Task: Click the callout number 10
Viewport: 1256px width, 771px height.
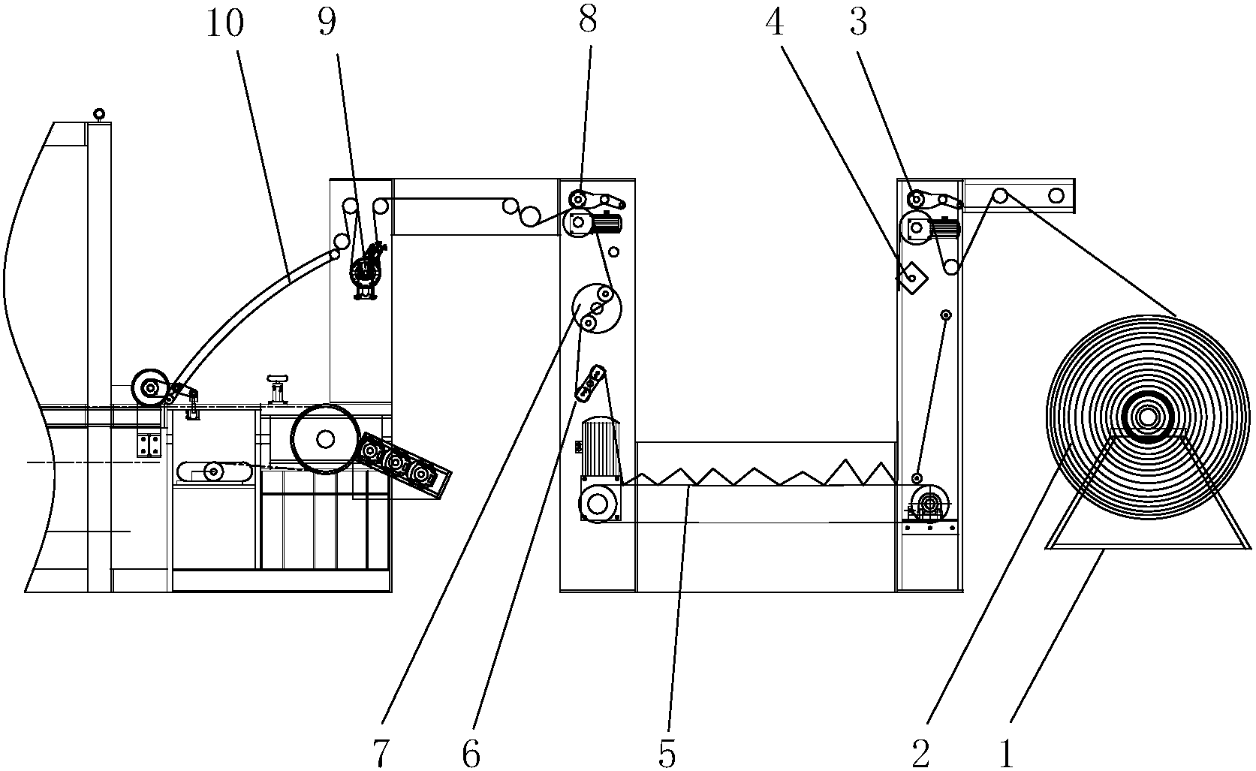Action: tap(224, 23)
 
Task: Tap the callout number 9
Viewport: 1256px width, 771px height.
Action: tap(327, 23)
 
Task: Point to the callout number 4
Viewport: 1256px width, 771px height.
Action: tap(774, 23)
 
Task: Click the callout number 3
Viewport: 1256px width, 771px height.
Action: tap(858, 23)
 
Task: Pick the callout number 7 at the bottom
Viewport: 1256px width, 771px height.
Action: tap(381, 754)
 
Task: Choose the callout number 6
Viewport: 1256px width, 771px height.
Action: tap(471, 754)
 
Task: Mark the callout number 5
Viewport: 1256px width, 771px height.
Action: tap(667, 754)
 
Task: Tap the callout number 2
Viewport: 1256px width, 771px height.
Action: tap(920, 754)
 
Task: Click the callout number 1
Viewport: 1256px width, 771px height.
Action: tap(1007, 754)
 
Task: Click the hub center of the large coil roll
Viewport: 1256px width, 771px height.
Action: tap(1147, 417)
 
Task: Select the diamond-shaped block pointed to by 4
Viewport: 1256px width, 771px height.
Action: tap(911, 278)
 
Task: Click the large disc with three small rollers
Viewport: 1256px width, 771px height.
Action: tap(597, 309)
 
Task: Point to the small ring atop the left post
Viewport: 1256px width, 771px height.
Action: tap(99, 114)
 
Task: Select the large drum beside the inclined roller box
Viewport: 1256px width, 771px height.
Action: tap(325, 439)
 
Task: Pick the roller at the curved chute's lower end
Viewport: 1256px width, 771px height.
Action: tap(150, 387)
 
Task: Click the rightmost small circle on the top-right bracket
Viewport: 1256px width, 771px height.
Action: tap(1056, 196)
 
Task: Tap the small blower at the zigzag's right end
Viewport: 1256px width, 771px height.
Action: tap(929, 502)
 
